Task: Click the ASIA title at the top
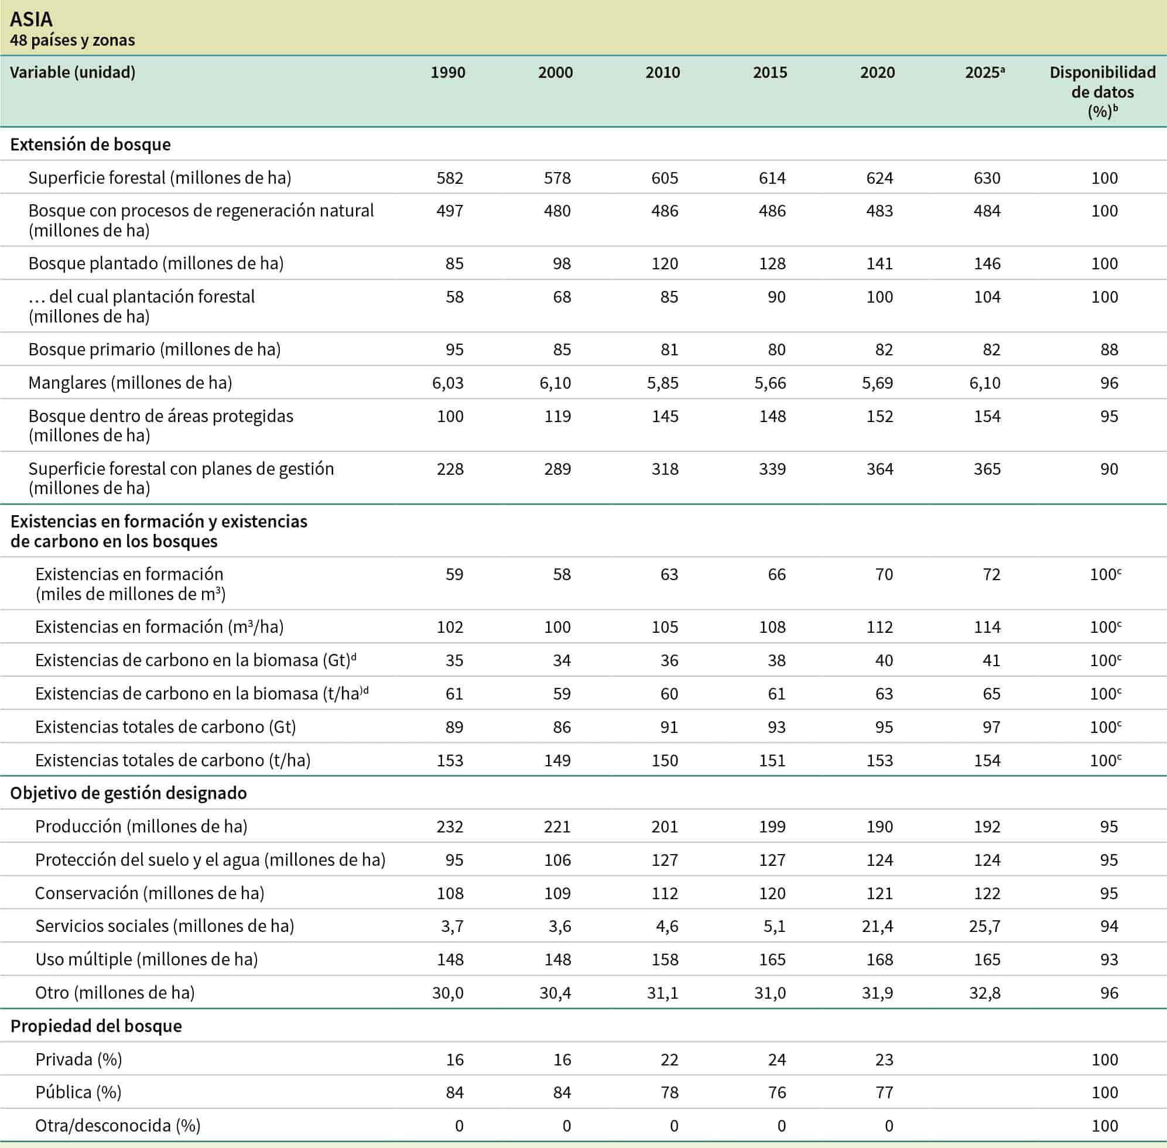[32, 19]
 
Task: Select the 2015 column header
[769, 73]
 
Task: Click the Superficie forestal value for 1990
[449, 178]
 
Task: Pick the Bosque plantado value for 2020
[879, 263]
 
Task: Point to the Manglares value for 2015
[770, 383]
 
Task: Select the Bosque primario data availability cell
[1108, 349]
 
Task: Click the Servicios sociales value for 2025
[984, 926]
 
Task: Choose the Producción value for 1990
[449, 827]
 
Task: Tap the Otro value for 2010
[662, 993]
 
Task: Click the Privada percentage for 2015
[776, 1060]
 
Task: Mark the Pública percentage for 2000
[562, 1092]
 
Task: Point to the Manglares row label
[129, 383]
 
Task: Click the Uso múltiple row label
[146, 959]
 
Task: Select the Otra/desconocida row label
[118, 1126]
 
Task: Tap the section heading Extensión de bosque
[90, 145]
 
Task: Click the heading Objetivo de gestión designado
[128, 793]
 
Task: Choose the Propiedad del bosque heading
[96, 1026]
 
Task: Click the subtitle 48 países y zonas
[73, 40]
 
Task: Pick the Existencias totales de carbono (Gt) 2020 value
[884, 727]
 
